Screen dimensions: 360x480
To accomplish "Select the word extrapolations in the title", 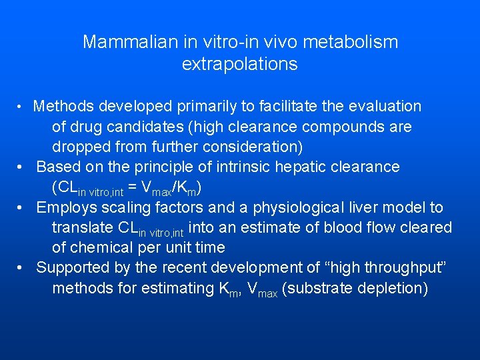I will click(x=239, y=65).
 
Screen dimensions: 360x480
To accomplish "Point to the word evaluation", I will click(x=384, y=106).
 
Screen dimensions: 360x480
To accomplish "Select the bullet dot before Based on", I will click(x=23, y=167).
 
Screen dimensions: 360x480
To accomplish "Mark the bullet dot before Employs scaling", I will click(x=23, y=208).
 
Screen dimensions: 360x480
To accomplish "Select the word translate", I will click(x=81, y=228).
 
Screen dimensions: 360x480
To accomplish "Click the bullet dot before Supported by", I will click(x=23, y=269).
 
